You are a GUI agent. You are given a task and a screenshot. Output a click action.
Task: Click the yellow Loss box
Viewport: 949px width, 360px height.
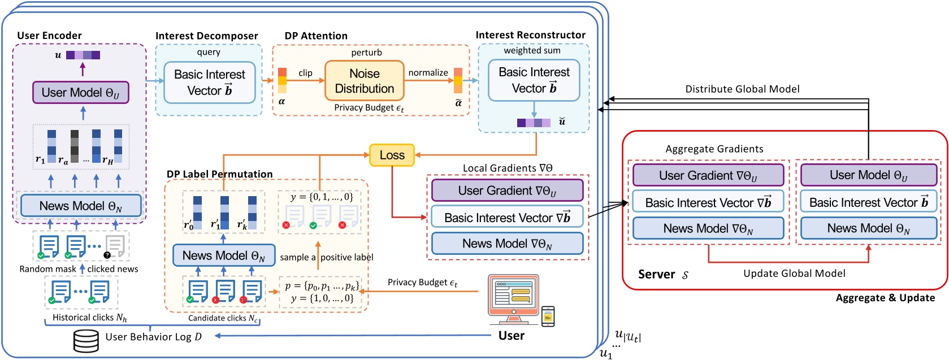[392, 155]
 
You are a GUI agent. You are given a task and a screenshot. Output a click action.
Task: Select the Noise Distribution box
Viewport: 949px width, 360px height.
[364, 81]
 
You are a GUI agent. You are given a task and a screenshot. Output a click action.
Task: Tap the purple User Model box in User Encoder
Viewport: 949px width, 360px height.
[81, 93]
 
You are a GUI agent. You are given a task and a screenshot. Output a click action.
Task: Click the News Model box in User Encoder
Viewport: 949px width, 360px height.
[81, 206]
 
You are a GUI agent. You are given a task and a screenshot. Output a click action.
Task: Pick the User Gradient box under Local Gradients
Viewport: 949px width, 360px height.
[507, 191]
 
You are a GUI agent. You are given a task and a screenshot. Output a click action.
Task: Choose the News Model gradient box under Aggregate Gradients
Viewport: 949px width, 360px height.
[708, 228]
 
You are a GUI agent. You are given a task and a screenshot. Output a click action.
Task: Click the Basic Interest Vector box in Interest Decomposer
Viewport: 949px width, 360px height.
[209, 83]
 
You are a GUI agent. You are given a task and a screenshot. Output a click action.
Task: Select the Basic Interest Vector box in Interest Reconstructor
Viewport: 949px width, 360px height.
[534, 80]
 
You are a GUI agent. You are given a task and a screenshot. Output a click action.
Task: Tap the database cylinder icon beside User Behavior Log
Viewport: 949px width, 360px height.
[86, 340]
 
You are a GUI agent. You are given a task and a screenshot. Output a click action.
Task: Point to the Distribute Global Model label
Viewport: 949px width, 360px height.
[742, 89]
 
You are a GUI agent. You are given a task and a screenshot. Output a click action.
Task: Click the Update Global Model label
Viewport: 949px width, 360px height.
[794, 274]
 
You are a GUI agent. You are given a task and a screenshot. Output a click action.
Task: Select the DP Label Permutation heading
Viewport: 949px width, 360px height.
[219, 174]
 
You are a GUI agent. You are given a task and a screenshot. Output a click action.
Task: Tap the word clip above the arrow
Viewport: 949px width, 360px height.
[305, 73]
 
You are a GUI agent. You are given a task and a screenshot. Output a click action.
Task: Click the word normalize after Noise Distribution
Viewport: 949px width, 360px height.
[428, 73]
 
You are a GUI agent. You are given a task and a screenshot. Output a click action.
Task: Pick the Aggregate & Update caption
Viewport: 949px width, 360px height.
[885, 298]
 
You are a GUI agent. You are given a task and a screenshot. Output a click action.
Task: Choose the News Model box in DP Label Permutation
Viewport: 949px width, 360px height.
[223, 255]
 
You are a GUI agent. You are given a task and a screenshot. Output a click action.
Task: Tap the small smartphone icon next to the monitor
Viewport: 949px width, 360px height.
[548, 316]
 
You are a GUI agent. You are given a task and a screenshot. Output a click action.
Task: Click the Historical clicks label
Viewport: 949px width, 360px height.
[89, 318]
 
